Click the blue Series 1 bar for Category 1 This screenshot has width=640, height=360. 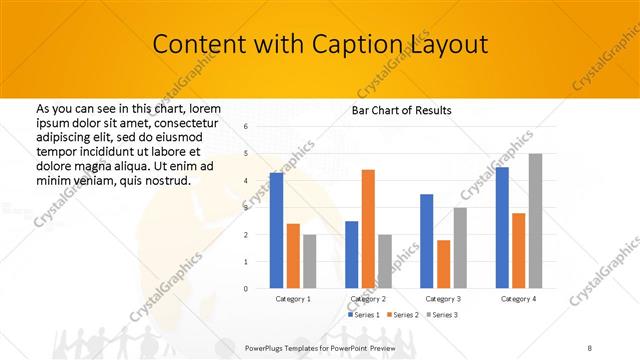tap(276, 230)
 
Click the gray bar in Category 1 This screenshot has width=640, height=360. tap(310, 261)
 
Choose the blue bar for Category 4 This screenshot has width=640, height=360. tap(502, 227)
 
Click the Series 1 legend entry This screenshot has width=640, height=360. tap(364, 314)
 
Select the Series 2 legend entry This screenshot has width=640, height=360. tap(403, 314)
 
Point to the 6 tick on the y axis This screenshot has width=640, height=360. tap(246, 127)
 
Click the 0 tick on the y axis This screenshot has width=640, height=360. tap(246, 288)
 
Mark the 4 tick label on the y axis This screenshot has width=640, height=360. tap(246, 181)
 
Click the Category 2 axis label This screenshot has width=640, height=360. tap(368, 298)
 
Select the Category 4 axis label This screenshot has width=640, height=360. tap(518, 298)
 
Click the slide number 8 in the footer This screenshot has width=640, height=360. tap(590, 346)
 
